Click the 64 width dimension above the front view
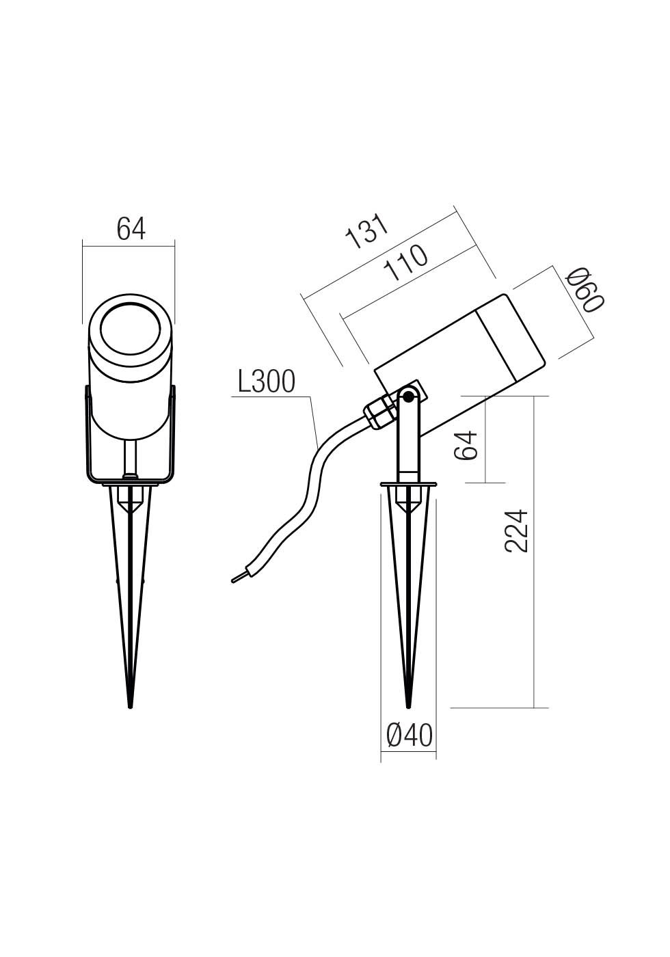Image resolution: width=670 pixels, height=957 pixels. click(131, 228)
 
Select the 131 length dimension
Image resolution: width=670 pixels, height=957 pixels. click(368, 232)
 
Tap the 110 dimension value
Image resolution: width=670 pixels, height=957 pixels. click(406, 263)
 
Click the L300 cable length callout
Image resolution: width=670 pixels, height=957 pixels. click(266, 383)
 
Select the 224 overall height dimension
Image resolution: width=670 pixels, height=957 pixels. click(517, 530)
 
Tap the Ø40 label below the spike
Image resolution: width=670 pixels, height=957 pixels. click(409, 736)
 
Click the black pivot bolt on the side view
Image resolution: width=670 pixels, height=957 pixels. click(408, 396)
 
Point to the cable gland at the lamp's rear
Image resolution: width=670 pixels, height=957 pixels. click(380, 413)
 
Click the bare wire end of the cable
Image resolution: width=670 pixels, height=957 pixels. click(238, 578)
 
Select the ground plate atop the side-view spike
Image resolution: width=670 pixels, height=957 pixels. click(408, 486)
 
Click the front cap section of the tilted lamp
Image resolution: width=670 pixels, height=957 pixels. click(511, 335)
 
